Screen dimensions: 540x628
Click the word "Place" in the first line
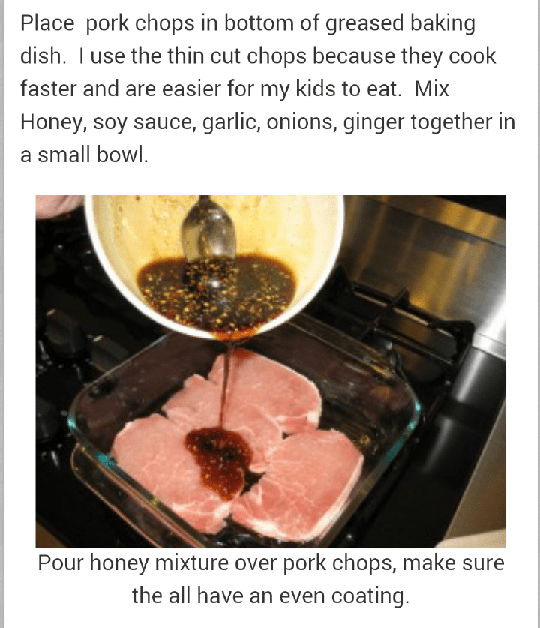[47, 23]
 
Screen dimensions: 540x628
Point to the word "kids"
[316, 89]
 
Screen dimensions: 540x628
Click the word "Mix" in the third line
[431, 89]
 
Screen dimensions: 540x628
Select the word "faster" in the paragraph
[49, 89]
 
